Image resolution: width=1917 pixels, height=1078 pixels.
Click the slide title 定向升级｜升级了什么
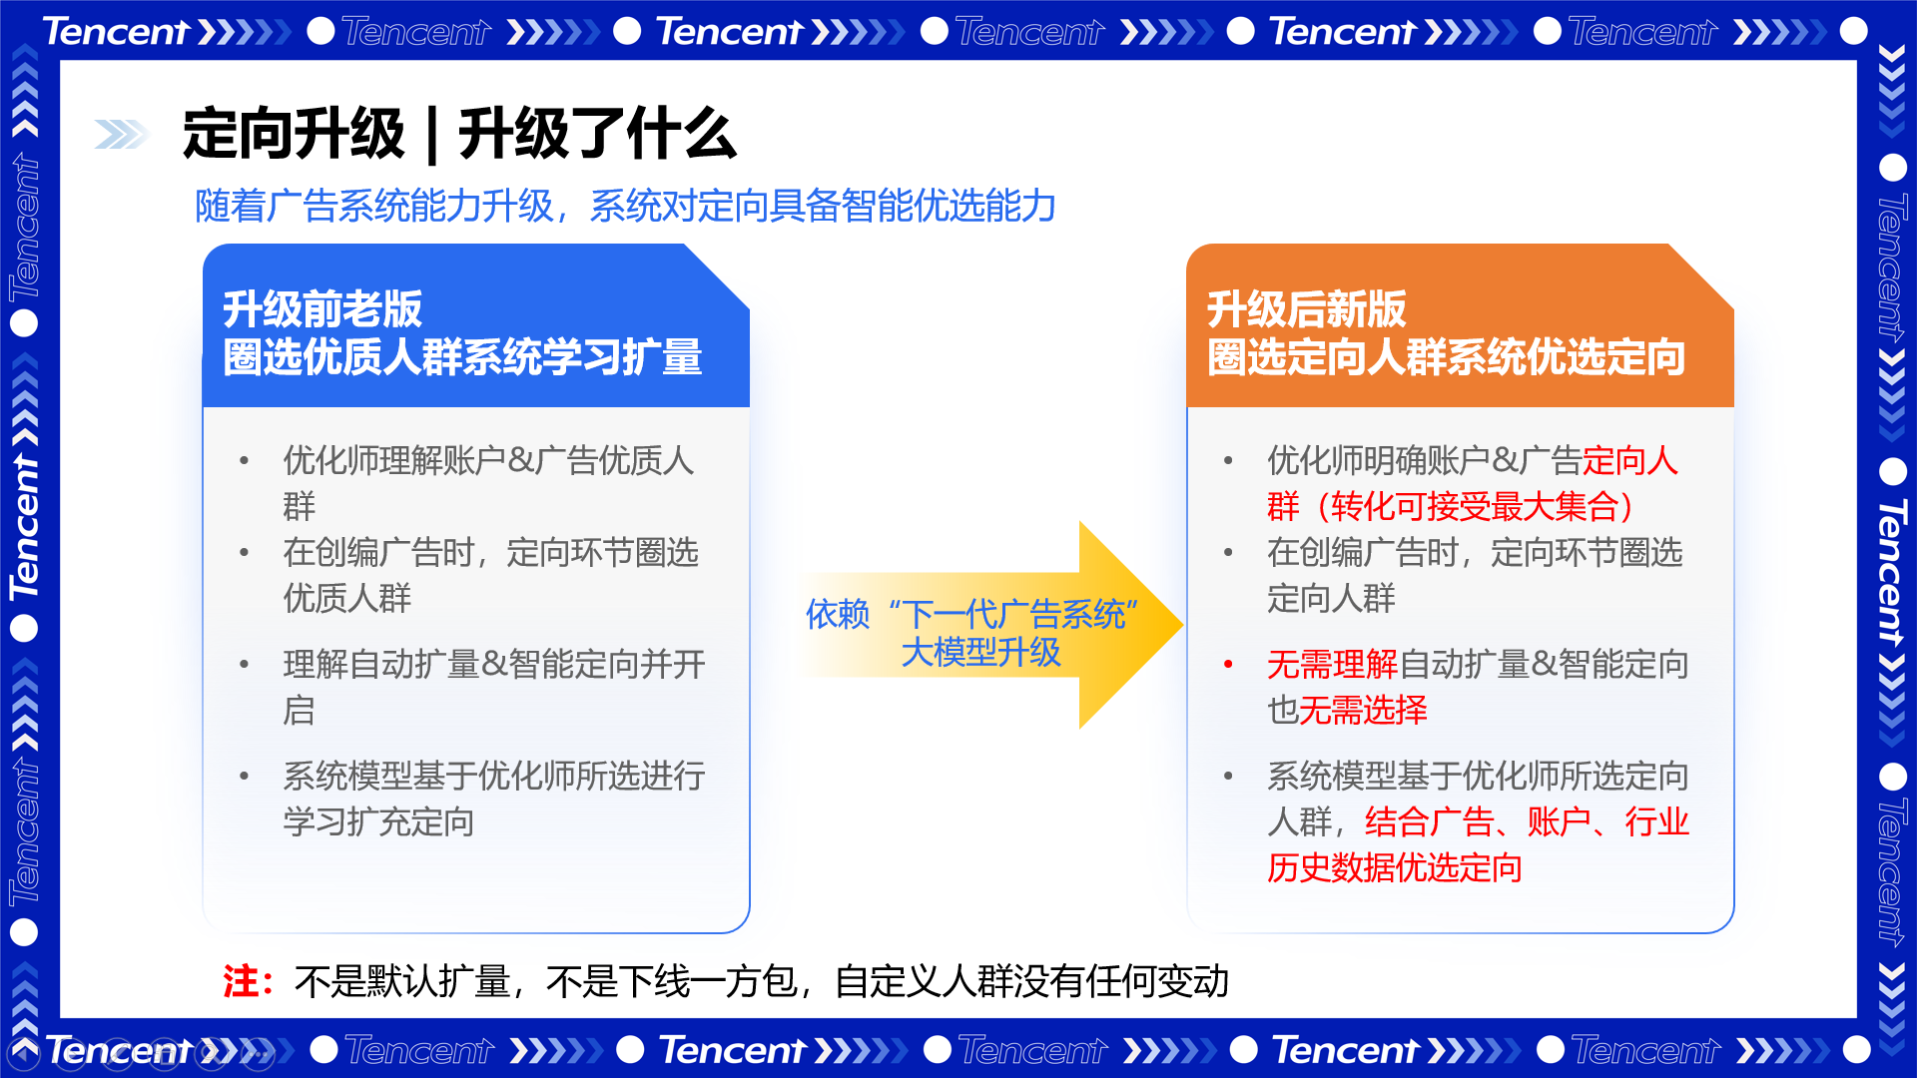[x=459, y=134]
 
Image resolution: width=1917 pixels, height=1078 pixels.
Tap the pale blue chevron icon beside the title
[x=121, y=134]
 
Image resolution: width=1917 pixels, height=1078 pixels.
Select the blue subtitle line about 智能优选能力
[x=625, y=206]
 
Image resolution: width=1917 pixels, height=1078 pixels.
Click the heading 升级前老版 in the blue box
[x=322, y=309]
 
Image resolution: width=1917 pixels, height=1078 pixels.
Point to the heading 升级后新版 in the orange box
[x=1306, y=309]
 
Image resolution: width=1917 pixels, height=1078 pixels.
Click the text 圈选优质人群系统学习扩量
[x=462, y=357]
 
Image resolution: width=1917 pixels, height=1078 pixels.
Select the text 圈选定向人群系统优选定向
[x=1446, y=357]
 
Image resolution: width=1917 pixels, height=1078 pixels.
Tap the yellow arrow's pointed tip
[x=1183, y=625]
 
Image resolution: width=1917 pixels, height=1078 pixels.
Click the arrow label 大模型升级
[x=980, y=653]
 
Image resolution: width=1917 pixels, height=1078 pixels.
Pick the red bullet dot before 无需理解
[x=1228, y=665]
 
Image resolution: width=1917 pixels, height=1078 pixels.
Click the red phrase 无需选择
[x=1363, y=711]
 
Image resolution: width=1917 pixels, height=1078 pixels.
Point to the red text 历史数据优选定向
[x=1395, y=868]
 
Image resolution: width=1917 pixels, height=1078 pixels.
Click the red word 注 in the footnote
[x=241, y=981]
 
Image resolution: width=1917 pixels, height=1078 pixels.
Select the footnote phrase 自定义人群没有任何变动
[x=1031, y=981]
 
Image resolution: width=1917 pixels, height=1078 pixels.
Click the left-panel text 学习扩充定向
[x=378, y=822]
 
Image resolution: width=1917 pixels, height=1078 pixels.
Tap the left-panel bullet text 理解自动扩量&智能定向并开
[x=494, y=665]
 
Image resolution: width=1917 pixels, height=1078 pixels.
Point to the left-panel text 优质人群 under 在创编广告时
[x=346, y=599]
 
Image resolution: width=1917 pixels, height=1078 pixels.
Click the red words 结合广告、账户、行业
[x=1527, y=822]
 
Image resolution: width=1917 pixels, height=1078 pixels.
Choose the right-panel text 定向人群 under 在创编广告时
[x=1331, y=599]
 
